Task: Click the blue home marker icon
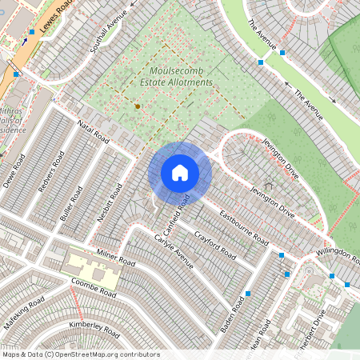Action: click(x=180, y=173)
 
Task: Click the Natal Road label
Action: click(x=93, y=132)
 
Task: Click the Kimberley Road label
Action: click(x=94, y=329)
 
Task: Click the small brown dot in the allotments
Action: click(x=138, y=106)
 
